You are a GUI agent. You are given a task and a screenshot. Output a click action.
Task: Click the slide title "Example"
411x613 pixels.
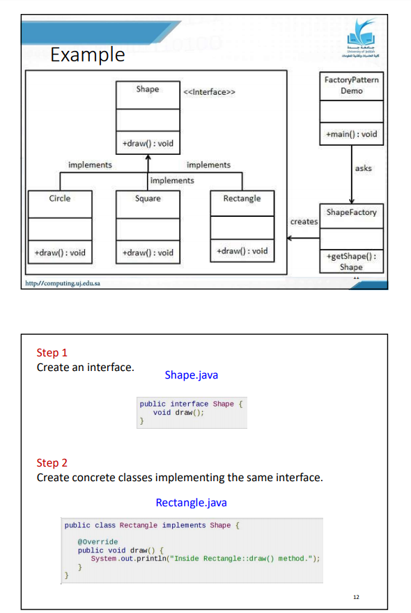point(88,54)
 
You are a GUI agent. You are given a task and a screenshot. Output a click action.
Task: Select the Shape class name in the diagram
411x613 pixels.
point(147,89)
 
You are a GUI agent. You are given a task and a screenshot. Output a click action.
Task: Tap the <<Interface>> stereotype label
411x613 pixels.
point(209,92)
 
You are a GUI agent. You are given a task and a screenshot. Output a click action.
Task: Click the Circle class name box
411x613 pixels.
point(60,199)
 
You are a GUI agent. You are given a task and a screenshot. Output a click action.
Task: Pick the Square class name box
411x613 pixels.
point(147,199)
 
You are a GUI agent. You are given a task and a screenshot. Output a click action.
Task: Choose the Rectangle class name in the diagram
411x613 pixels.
point(242,199)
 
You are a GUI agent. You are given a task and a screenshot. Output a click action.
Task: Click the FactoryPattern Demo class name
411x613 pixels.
point(351,85)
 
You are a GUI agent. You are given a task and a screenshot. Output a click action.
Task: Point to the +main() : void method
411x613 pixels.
point(351,134)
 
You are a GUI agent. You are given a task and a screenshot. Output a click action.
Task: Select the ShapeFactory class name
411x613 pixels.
point(351,212)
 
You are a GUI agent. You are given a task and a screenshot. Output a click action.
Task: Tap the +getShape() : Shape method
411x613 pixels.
point(351,262)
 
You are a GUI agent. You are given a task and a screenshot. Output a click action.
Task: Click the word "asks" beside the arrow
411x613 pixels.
point(363,169)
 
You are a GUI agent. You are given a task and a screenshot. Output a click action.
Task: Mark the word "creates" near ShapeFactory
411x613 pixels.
point(304,222)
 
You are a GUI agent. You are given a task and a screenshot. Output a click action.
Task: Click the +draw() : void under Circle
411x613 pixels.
point(60,252)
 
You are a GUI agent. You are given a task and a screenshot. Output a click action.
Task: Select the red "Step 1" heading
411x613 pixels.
point(52,353)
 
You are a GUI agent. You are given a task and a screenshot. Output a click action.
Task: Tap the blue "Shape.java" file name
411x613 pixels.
point(191,375)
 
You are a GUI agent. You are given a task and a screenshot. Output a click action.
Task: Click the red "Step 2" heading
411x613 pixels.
point(52,463)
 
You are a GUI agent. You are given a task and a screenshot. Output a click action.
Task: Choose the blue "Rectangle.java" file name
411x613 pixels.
point(191,503)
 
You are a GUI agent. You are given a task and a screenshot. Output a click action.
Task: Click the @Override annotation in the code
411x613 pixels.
point(98,542)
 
